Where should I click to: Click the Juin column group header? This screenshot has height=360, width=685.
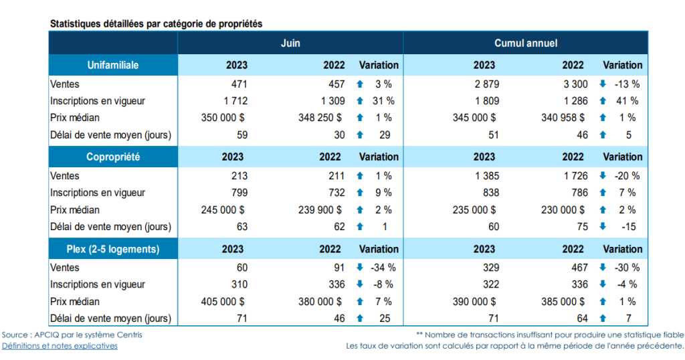(290, 43)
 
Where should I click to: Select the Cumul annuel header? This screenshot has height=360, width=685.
(525, 43)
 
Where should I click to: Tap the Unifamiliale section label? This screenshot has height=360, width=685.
(113, 65)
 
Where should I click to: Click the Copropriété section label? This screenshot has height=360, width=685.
(113, 157)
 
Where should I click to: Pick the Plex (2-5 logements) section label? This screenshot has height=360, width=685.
(113, 249)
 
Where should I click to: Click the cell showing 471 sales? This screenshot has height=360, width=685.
(239, 84)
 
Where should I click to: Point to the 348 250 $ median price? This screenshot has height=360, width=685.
(321, 118)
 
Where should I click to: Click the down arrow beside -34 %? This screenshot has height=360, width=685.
(359, 268)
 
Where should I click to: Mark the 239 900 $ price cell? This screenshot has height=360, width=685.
(321, 209)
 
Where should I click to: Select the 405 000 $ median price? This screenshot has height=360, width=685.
(223, 301)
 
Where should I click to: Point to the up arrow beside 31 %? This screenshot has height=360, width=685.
(359, 101)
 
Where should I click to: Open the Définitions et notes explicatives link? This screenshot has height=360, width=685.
(60, 346)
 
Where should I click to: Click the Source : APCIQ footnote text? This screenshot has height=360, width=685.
(72, 335)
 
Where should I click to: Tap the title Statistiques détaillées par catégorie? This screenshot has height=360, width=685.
(155, 23)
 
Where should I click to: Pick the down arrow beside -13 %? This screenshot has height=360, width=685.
(602, 84)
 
